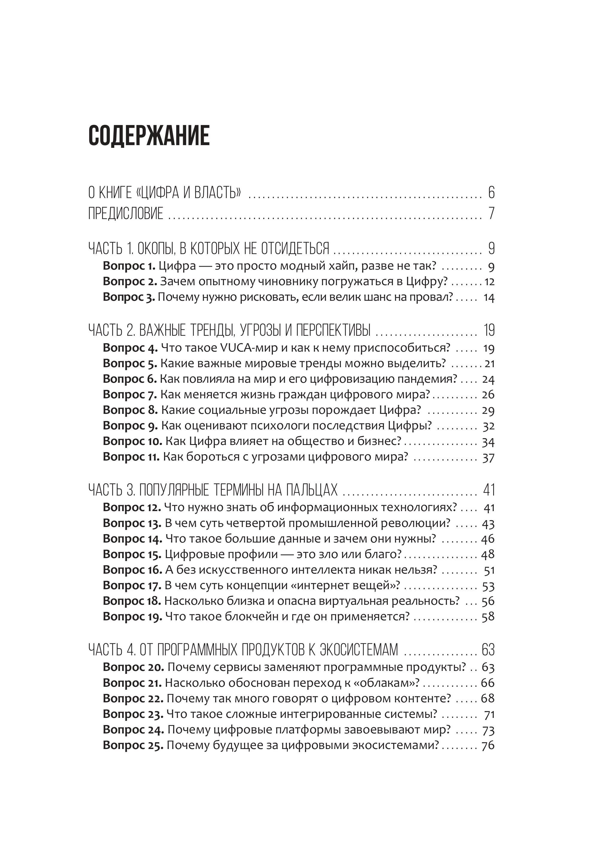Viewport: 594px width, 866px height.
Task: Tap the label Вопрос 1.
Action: coord(129,266)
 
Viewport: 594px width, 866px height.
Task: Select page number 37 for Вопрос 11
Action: coord(488,457)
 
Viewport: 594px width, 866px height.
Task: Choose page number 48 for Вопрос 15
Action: coord(488,554)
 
